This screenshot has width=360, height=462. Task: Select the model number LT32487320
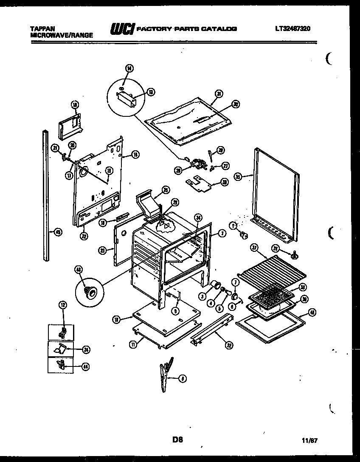click(293, 29)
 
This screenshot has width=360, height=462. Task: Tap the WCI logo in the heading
click(123, 29)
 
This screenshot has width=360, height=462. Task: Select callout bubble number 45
click(58, 232)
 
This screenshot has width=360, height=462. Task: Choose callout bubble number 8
click(182, 378)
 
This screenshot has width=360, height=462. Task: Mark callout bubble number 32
click(229, 346)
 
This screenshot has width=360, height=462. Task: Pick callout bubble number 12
click(62, 304)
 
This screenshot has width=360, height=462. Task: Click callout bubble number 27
click(225, 166)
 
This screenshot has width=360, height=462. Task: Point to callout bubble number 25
click(166, 189)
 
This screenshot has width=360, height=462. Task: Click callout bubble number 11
click(133, 345)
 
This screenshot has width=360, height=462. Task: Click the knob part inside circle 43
click(89, 290)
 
